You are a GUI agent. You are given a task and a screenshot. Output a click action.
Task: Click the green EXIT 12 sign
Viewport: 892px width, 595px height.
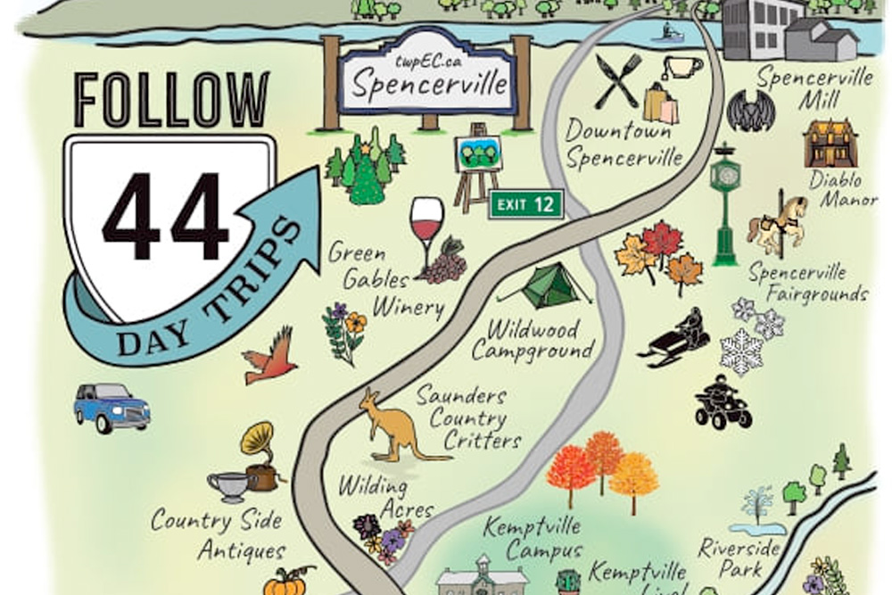(526, 204)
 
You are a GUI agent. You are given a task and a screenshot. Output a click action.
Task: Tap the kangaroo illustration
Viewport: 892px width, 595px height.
(393, 427)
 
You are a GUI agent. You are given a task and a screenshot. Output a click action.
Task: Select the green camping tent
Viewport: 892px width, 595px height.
(546, 286)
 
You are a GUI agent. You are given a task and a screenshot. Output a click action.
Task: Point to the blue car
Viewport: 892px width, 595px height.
(111, 406)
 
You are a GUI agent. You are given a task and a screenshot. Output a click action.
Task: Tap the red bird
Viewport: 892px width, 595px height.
(270, 356)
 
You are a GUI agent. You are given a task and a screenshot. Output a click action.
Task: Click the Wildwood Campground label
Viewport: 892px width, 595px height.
(533, 340)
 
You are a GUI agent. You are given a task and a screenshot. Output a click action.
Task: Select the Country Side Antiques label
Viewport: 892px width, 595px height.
(218, 534)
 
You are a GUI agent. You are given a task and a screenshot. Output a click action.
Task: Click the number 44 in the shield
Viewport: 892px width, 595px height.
(165, 217)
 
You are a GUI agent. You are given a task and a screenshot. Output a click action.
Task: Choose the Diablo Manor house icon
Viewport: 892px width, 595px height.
(830, 144)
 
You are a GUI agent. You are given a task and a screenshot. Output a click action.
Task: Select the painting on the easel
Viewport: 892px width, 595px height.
(477, 155)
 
